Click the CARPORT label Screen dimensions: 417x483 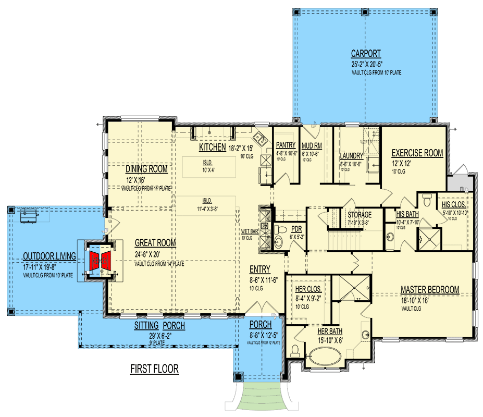point(365,53)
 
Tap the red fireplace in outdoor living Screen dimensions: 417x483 point(100,259)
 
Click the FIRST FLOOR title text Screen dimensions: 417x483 point(154,369)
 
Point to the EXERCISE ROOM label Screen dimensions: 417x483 point(417,153)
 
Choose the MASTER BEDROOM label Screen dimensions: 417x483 point(429,289)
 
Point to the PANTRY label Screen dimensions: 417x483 point(286,145)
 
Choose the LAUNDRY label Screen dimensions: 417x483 point(351,155)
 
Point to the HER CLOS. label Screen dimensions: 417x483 point(308,289)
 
